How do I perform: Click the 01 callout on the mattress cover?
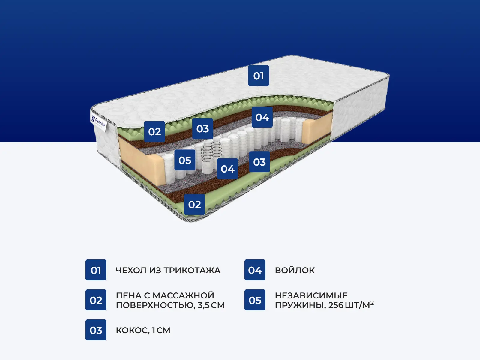259,76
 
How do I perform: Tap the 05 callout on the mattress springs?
185,160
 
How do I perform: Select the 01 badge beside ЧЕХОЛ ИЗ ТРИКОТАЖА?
96,270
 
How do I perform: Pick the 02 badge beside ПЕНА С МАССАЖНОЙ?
96,300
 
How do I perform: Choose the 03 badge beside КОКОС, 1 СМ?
96,330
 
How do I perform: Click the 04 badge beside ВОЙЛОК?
255,270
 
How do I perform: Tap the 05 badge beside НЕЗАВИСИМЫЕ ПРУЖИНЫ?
255,300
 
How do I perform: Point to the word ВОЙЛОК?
295,270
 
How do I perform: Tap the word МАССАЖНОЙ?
183,295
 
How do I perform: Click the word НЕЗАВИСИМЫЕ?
311,295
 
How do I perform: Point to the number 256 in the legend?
336,305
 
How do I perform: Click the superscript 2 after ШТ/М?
372,303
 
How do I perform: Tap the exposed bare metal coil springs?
211,151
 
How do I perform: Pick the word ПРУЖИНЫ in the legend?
300,305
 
